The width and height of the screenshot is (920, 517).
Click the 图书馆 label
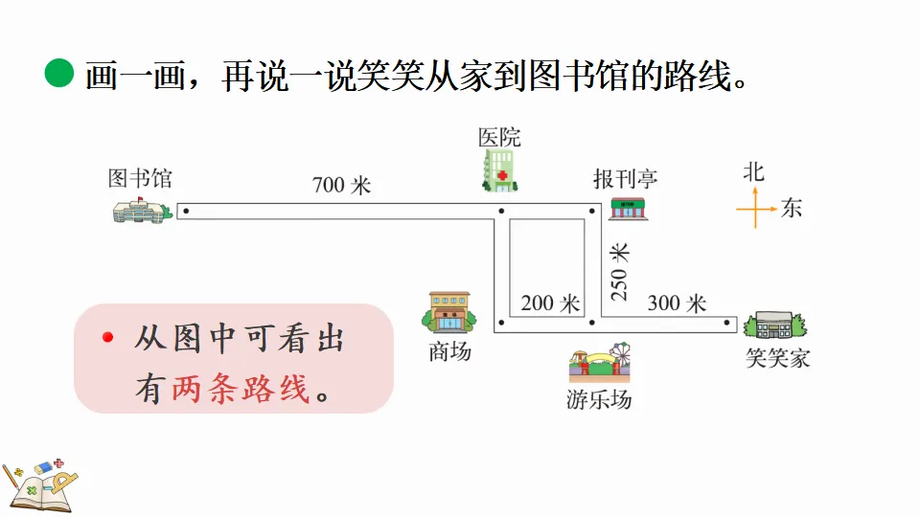tap(140, 179)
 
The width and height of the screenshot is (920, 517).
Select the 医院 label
tap(499, 137)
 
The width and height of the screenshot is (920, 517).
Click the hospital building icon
tap(499, 170)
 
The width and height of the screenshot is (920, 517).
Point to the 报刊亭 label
tap(626, 179)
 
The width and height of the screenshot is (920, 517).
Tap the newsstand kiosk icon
tap(629, 209)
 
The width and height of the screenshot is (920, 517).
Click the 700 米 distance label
tap(341, 185)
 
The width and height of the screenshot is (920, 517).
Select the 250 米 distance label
tap(621, 272)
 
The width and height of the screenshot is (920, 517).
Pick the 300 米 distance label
tap(677, 303)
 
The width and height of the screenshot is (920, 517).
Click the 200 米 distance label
tap(550, 303)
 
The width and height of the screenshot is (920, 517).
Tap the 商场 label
tap(449, 351)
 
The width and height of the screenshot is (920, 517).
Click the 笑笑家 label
tap(778, 358)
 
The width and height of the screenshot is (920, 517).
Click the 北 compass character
tap(754, 172)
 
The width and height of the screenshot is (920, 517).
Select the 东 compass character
tap(791, 208)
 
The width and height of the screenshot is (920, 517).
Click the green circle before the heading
tap(59, 73)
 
